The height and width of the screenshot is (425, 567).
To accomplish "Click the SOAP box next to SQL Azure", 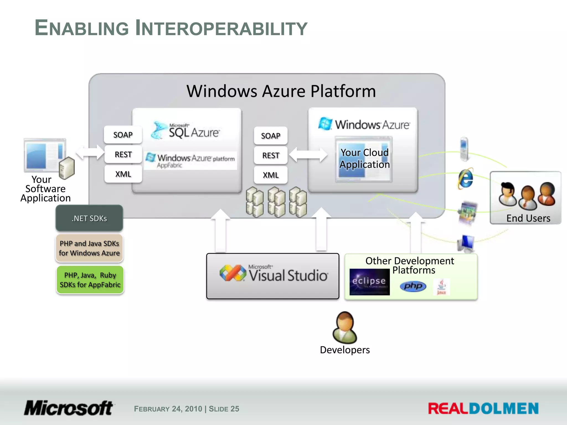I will pyautogui.click(x=123, y=135).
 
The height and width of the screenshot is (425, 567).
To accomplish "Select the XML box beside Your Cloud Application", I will pyautogui.click(x=270, y=175).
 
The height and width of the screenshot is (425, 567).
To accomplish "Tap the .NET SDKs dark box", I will pyautogui.click(x=89, y=218).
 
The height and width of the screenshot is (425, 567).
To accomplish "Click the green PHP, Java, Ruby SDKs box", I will pyautogui.click(x=90, y=280).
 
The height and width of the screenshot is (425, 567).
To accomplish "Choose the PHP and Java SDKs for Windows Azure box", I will pyautogui.click(x=89, y=248).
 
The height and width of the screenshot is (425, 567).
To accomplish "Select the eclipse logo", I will pyautogui.click(x=369, y=282).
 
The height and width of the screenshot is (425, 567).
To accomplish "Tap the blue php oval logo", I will pyautogui.click(x=413, y=286).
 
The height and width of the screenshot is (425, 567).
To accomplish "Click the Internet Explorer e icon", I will pyautogui.click(x=466, y=179).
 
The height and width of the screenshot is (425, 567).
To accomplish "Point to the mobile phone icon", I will pyautogui.click(x=464, y=149).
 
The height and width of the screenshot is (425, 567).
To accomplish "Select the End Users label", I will pyautogui.click(x=528, y=218).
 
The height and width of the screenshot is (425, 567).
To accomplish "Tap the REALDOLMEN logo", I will pyautogui.click(x=483, y=408).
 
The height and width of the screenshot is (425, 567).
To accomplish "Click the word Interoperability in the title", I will pyautogui.click(x=221, y=28).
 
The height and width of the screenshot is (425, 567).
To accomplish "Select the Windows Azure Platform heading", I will pyautogui.click(x=281, y=91).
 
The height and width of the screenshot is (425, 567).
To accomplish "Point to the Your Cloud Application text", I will pyautogui.click(x=364, y=158).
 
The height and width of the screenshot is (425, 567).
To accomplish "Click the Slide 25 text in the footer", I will pyautogui.click(x=224, y=409).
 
